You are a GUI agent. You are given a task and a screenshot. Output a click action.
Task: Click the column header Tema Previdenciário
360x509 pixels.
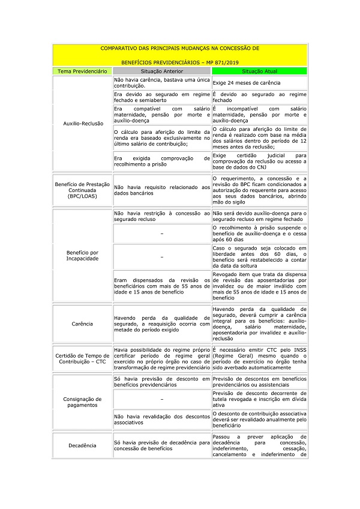tap(82, 71)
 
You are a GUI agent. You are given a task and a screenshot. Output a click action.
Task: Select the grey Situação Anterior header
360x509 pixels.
tap(162, 71)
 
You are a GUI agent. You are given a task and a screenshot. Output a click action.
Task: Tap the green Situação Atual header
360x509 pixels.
tap(259, 71)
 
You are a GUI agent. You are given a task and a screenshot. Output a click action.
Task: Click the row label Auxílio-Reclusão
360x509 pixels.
tap(82, 123)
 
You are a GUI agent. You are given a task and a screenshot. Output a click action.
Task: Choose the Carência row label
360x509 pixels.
tap(82, 324)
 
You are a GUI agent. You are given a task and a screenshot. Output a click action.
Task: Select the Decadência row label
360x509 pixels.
tap(82, 445)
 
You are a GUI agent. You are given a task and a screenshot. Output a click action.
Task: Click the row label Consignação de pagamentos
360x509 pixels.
tap(82, 402)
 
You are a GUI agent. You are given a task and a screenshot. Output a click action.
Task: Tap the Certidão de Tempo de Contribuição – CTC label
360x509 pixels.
tap(82, 358)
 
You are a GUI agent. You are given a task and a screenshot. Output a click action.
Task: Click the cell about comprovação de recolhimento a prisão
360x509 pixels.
tap(162, 161)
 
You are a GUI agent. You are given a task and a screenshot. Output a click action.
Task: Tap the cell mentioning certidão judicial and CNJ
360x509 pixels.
tap(259, 161)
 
